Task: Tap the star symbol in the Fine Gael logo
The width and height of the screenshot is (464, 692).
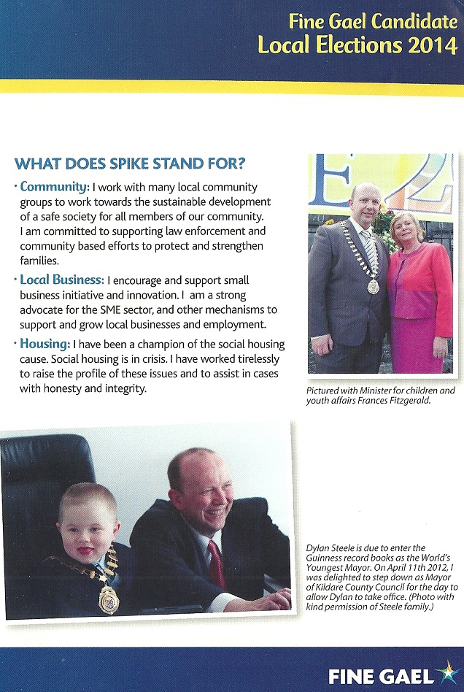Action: (x=444, y=672)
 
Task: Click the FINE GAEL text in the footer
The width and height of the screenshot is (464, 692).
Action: (x=379, y=676)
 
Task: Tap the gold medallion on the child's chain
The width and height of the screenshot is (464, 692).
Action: (x=109, y=599)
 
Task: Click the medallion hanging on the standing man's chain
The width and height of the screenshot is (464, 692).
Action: (x=373, y=287)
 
